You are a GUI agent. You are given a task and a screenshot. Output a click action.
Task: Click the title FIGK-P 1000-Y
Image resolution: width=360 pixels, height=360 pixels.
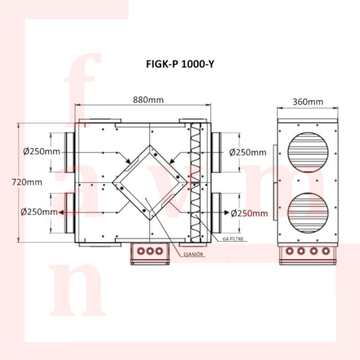[x=180, y=64]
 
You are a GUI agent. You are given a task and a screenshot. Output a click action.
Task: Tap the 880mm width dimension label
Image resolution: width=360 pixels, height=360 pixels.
[x=148, y=100]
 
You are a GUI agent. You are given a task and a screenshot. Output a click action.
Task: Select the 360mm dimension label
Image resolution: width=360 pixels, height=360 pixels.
[x=308, y=102]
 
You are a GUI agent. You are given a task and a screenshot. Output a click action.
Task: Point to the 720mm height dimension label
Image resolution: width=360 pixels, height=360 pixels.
[x=27, y=182]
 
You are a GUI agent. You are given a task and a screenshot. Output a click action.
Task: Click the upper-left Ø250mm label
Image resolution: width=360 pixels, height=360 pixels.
[x=41, y=152]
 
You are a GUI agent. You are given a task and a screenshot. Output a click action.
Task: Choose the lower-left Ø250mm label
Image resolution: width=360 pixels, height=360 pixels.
[x=39, y=211]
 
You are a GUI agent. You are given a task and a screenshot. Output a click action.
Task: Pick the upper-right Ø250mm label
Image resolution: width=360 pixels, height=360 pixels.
[x=248, y=152]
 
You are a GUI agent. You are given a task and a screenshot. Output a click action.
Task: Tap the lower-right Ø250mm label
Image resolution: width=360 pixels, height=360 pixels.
[x=249, y=213]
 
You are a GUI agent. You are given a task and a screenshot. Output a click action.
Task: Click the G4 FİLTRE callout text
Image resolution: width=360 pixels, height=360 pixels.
[x=233, y=239]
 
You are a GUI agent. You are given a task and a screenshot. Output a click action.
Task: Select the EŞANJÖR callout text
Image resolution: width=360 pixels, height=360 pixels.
[x=193, y=254]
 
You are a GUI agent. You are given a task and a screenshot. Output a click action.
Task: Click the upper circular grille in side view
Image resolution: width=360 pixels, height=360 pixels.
[x=308, y=152]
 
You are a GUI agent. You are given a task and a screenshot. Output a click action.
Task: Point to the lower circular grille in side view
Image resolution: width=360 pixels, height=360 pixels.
[x=308, y=213]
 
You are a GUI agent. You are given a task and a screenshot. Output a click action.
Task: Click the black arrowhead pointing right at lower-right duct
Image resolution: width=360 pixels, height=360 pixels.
[x=227, y=212]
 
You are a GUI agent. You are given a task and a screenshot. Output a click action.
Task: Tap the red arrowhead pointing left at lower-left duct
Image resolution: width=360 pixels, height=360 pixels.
[x=61, y=212]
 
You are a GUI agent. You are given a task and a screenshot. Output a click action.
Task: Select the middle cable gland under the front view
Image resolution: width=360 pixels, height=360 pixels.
[x=150, y=251]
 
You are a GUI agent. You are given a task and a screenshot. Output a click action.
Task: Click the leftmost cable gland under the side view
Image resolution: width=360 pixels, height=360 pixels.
[x=290, y=251]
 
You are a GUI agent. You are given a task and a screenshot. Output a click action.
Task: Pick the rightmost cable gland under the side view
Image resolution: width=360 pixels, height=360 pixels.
[x=325, y=251]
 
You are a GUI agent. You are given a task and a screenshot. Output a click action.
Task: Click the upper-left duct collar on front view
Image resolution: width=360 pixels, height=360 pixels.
[x=70, y=152]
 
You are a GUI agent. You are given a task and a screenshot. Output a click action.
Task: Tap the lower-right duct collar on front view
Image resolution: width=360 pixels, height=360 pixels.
[x=216, y=213]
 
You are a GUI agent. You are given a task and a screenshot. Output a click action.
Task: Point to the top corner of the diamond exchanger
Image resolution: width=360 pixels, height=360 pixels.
[x=150, y=145]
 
